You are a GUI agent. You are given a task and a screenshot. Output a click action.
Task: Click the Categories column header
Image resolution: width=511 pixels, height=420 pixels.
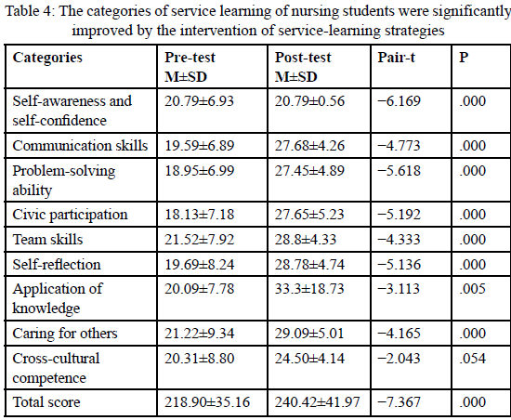click(47, 58)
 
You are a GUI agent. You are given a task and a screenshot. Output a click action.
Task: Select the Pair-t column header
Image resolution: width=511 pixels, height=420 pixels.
click(397, 58)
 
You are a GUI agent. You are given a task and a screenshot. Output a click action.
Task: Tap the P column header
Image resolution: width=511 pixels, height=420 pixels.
click(464, 58)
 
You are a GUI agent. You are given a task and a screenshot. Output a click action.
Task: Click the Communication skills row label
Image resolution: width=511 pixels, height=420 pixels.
click(80, 146)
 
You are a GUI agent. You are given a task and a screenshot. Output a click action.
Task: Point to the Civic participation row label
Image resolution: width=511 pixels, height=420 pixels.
click(70, 215)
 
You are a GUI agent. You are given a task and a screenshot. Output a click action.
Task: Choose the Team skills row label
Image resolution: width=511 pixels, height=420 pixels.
click(47, 240)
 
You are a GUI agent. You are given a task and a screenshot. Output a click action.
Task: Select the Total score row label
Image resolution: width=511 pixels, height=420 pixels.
click(46, 402)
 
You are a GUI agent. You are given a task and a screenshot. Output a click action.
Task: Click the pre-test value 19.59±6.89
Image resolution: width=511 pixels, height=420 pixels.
click(200, 146)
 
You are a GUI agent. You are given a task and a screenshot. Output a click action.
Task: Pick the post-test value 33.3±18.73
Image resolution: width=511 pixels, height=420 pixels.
click(309, 289)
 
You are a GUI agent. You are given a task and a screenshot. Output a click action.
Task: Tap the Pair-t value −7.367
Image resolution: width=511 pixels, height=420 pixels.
click(399, 402)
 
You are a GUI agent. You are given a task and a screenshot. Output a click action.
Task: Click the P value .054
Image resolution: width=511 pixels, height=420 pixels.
click(473, 359)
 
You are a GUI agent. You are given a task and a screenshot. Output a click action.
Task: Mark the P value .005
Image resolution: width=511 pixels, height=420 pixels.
click(473, 289)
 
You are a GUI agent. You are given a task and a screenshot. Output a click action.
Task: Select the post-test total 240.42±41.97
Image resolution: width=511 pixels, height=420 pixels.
click(317, 402)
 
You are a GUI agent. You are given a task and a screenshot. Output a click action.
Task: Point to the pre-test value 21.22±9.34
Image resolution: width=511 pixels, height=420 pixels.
click(200, 334)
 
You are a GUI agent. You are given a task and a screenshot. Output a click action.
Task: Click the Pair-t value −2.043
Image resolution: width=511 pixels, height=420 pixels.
click(399, 359)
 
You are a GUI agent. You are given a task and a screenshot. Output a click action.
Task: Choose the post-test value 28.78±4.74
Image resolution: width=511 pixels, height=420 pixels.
click(309, 264)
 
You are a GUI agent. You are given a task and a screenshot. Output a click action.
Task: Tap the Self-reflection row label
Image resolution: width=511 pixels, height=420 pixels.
click(57, 264)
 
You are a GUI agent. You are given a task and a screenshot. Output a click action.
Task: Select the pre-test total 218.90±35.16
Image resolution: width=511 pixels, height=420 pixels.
click(207, 402)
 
